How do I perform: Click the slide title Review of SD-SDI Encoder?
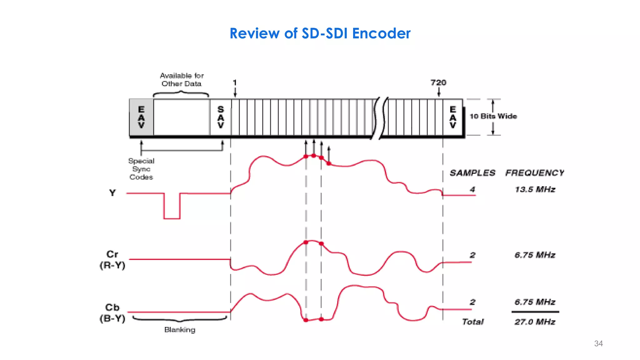pyautogui.click(x=320, y=33)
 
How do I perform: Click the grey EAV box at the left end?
pyautogui.click(x=141, y=117)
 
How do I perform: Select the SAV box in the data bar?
pyautogui.click(x=221, y=117)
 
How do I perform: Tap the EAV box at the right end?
pyautogui.click(x=453, y=117)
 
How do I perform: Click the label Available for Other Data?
pyautogui.click(x=182, y=80)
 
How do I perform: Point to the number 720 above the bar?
pyautogui.click(x=438, y=83)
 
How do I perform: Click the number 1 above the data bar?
pyautogui.click(x=235, y=83)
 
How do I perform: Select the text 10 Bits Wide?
pyautogui.click(x=493, y=116)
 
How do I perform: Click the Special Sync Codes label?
pyautogui.click(x=141, y=169)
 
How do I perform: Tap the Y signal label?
pyautogui.click(x=112, y=193)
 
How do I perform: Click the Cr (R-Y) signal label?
pyautogui.click(x=112, y=260)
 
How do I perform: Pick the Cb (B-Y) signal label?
pyautogui.click(x=112, y=313)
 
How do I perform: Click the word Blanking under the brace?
pyautogui.click(x=180, y=330)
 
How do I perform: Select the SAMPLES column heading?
pyautogui.click(x=472, y=173)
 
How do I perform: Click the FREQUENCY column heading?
pyautogui.click(x=535, y=173)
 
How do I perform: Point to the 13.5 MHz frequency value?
pyautogui.click(x=535, y=189)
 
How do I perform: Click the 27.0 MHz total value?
pyautogui.click(x=535, y=322)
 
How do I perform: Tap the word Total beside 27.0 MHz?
pyautogui.click(x=472, y=322)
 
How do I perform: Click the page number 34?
pyautogui.click(x=598, y=343)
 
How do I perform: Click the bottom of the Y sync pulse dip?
pyautogui.click(x=172, y=218)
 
